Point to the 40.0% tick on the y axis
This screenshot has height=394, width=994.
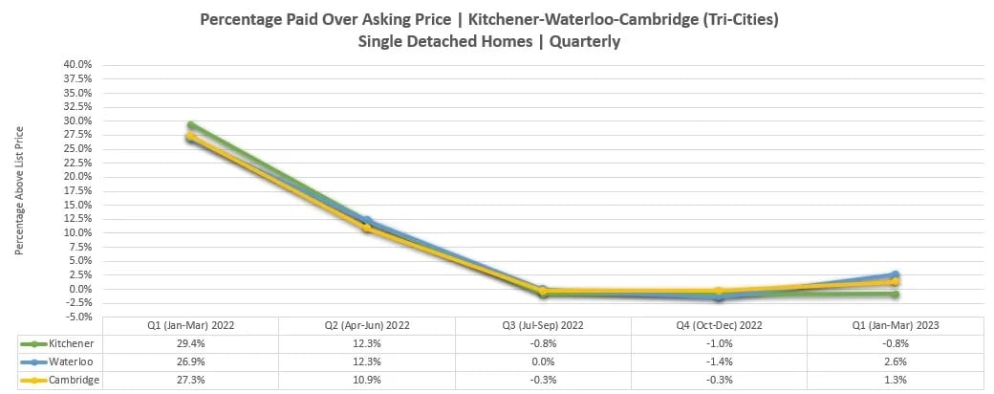(77, 65)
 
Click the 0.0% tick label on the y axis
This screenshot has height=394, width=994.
(80, 289)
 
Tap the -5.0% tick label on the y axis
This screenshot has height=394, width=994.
(78, 317)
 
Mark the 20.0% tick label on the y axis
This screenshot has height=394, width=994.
(77, 177)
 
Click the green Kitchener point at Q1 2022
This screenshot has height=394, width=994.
(191, 125)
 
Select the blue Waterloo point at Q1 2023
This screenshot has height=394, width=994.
(895, 275)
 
